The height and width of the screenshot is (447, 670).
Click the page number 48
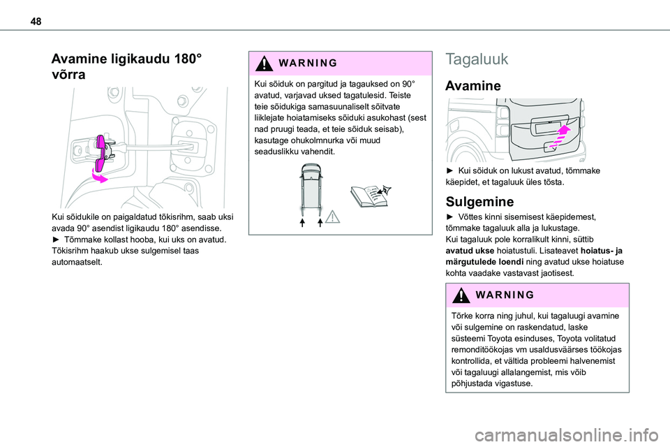coord(36,21)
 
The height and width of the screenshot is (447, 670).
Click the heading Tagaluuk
coord(477,59)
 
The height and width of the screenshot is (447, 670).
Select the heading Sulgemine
coord(479,201)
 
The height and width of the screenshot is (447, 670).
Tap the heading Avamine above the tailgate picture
coord(472,85)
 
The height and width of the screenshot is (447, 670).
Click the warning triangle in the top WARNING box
coord(265,64)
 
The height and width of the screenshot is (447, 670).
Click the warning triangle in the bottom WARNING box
coord(461,295)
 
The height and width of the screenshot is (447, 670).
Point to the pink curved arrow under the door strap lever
coord(100,176)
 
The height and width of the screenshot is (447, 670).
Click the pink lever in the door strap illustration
coord(102,152)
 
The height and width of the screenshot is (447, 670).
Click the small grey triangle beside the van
coord(332,217)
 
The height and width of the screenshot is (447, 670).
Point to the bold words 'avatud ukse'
coord(470,251)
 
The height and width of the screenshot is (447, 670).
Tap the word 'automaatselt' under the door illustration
coord(77,262)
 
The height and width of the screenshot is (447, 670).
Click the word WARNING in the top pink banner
coord(308,64)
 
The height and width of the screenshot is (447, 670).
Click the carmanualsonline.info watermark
coord(567,435)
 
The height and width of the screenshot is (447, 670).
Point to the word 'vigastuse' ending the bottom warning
coord(513,383)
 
